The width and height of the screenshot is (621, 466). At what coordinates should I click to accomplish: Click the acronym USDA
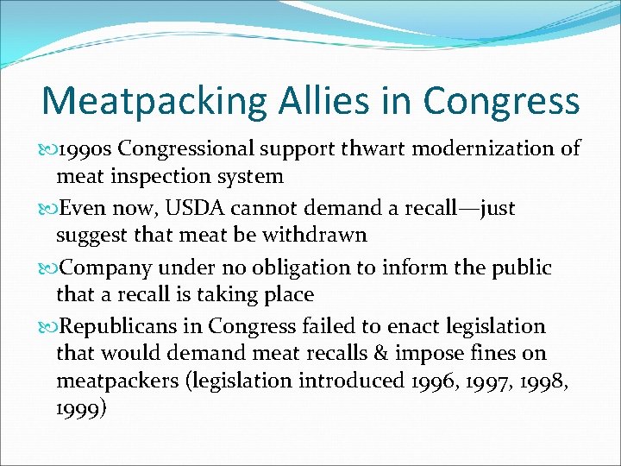(201, 207)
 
